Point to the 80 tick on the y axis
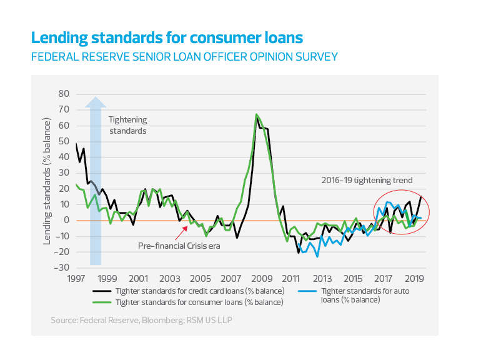[x=62, y=94]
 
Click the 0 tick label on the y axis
[x=65, y=220]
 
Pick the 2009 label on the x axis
[x=261, y=277]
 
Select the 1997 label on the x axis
[x=76, y=277]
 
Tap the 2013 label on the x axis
[x=322, y=277]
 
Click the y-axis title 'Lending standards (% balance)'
[x=47, y=181]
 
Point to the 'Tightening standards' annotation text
[x=127, y=125]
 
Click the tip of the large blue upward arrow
[x=95, y=97]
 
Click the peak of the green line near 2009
[x=256, y=115]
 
